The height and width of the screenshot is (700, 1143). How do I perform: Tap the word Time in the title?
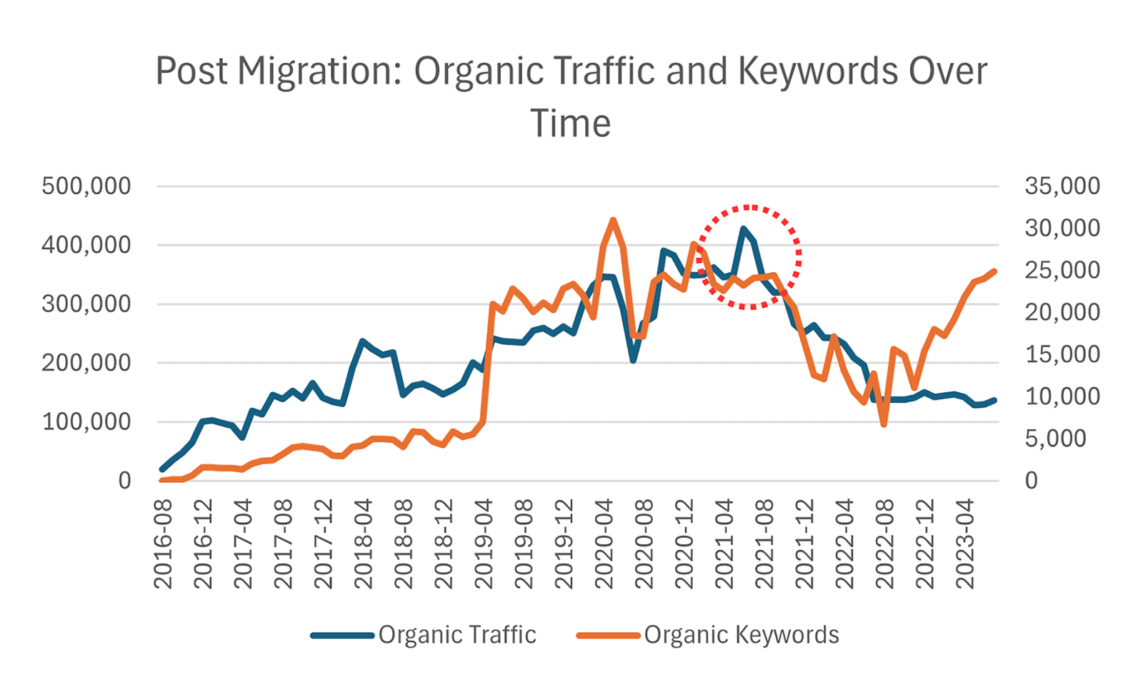[x=570, y=124]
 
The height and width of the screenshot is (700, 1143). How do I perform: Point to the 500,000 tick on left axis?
[x=86, y=186]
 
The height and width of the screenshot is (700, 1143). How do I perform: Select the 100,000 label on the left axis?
[x=86, y=421]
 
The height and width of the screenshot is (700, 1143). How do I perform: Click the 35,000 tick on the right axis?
[x=1062, y=186]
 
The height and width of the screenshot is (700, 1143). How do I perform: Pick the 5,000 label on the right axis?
[x=1055, y=439]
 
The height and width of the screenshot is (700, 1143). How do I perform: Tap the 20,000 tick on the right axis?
[x=1062, y=312]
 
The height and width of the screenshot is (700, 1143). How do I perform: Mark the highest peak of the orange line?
[x=613, y=220]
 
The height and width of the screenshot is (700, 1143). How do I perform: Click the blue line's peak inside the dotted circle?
[x=744, y=229]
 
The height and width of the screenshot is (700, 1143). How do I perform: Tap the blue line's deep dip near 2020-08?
[x=633, y=360]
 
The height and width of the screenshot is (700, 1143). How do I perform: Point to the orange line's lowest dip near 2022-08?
[x=884, y=424]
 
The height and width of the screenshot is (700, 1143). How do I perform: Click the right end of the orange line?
[x=994, y=271]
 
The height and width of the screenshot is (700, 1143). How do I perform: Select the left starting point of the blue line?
[x=162, y=469]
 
